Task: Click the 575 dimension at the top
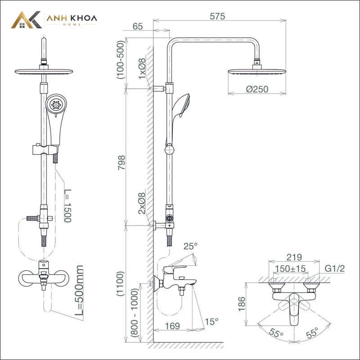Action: click(217, 16)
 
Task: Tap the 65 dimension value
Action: click(138, 27)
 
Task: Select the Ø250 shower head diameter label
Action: click(257, 89)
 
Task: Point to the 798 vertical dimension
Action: click(121, 162)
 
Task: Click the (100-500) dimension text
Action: click(120, 60)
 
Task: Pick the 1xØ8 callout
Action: click(142, 68)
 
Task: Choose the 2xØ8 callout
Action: click(142, 203)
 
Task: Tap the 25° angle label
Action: click(190, 246)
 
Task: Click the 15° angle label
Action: click(211, 322)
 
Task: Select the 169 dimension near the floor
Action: click(172, 326)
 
